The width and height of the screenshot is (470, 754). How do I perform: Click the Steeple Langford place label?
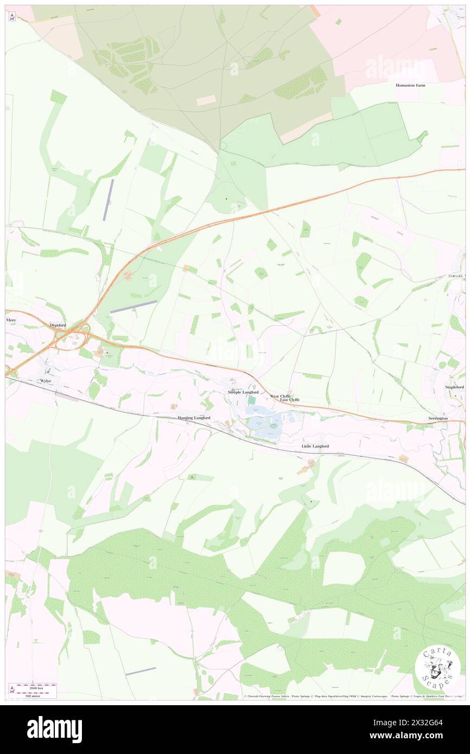(x=243, y=392)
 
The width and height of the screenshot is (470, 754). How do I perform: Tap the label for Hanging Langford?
(x=194, y=418)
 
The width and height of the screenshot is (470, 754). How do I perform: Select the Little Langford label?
(x=315, y=446)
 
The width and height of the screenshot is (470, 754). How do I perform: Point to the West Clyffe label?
(x=281, y=396)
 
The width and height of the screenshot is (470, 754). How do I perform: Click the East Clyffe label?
(x=290, y=400)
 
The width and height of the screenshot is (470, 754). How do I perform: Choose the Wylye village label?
(x=45, y=381)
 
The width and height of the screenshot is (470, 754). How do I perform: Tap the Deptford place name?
(x=58, y=325)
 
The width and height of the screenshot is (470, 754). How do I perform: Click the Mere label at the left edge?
(x=11, y=320)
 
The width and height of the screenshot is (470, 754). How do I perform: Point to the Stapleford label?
(x=454, y=387)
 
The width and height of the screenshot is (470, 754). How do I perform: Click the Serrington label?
(x=437, y=419)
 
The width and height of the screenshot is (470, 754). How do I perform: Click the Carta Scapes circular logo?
(x=437, y=666)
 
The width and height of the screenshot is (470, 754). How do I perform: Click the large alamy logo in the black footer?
(x=55, y=730)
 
